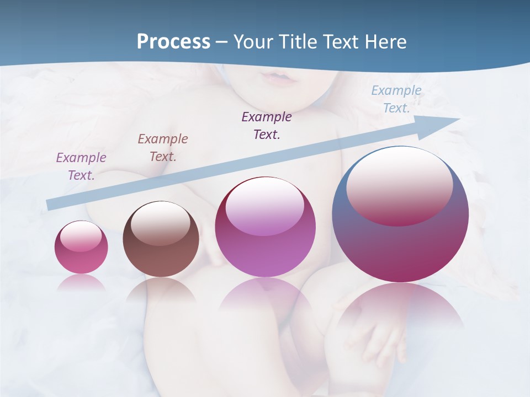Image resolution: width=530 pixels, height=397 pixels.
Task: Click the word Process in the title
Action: tap(173, 42)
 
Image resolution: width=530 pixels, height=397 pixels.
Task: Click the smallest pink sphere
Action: tap(81, 248)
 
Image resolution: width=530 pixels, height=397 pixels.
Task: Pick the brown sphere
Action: tap(161, 239)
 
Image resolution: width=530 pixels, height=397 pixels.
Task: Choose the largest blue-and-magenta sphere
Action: tap(400, 214)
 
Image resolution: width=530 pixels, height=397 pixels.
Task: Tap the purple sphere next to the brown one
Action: tap(265, 227)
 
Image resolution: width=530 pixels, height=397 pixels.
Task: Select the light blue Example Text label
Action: tap(396, 99)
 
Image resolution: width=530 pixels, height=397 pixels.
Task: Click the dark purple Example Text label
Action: tap(267, 126)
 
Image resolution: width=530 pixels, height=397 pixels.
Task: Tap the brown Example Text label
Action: tap(163, 148)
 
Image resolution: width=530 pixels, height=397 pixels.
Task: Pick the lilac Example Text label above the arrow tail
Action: tap(81, 167)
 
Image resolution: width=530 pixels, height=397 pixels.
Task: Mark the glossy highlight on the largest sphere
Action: tap(399, 185)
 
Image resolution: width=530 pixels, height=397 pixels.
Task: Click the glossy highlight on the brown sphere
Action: tap(160, 223)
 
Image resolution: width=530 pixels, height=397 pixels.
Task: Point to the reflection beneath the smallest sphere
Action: tap(81, 283)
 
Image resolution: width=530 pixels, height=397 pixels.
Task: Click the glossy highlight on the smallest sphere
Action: tap(81, 236)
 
